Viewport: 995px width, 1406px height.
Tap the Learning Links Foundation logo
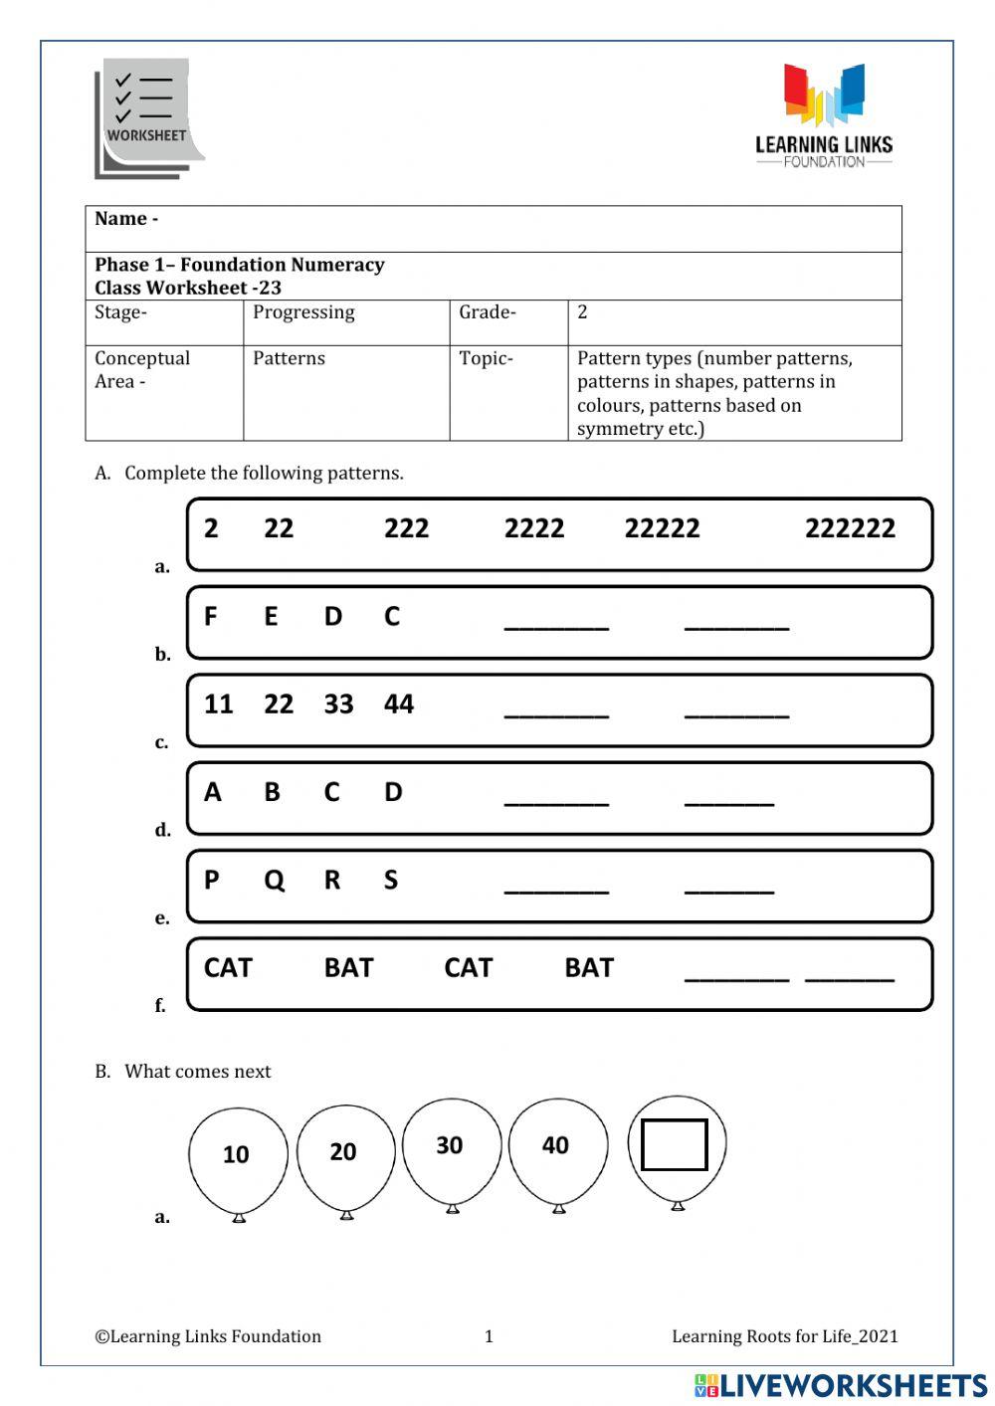pos(824,115)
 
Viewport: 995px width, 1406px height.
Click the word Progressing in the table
pos(303,312)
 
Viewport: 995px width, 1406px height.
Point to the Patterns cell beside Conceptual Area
pos(289,359)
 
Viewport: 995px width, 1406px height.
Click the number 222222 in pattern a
pos(850,528)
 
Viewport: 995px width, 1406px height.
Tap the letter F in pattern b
pos(210,617)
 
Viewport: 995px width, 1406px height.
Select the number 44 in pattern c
pos(399,704)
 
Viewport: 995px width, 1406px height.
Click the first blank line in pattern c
pos(556,713)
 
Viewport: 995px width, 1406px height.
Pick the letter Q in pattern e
pos(274,881)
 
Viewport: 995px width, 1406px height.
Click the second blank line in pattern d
pos(729,801)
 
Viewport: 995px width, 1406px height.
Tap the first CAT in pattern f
pos(228,968)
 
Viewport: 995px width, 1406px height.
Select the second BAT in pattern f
pos(589,968)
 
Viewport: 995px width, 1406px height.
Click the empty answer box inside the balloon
pos(675,1145)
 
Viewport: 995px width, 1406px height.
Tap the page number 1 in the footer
pos(489,1336)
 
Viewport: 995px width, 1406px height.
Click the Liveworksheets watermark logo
pos(841,1386)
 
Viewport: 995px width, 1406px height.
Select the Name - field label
pos(126,219)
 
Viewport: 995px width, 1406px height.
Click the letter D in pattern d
pos(393,792)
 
